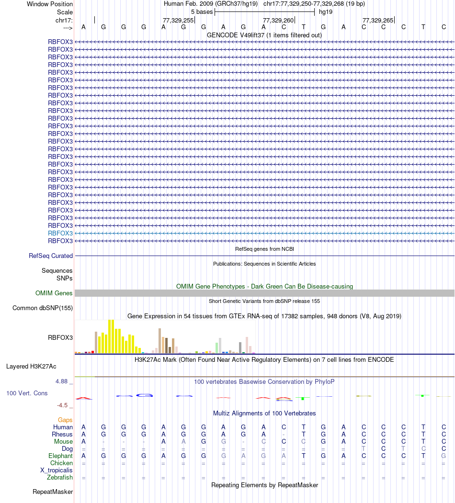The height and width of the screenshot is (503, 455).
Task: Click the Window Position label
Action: tap(50, 4)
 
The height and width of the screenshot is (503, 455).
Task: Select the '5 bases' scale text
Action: tap(202, 11)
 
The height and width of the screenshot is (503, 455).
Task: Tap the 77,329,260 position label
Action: tap(278, 20)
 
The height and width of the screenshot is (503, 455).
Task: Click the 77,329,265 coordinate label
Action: tap(378, 20)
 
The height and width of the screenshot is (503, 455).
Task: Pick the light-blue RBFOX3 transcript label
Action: tap(60, 233)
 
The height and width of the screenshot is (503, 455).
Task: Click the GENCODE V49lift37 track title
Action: tap(264, 35)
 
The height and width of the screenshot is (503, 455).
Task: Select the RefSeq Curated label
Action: tap(51, 256)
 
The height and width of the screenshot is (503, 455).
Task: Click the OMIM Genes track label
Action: tap(54, 293)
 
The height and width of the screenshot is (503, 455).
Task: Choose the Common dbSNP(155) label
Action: tap(43, 308)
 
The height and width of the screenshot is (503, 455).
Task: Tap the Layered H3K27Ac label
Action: tap(31, 367)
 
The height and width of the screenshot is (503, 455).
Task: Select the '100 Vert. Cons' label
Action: tap(27, 393)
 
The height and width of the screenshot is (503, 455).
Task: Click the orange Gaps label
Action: tap(65, 420)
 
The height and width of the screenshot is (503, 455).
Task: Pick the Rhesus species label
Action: tap(62, 434)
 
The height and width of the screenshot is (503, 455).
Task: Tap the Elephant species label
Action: tap(61, 456)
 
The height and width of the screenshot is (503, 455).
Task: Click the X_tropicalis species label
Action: tap(57, 470)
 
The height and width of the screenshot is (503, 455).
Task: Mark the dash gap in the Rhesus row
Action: tap(284, 435)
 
